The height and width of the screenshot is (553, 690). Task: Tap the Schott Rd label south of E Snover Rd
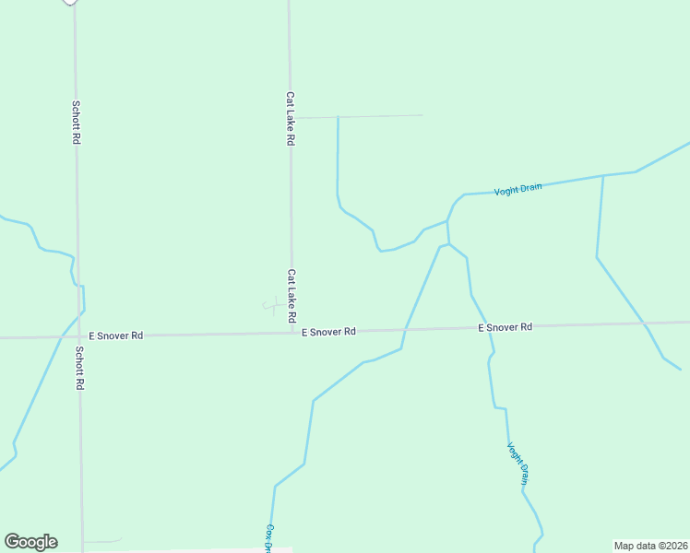click(79, 368)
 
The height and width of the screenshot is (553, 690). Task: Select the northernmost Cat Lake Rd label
click(290, 118)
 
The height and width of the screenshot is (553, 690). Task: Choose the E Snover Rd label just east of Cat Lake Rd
click(328, 331)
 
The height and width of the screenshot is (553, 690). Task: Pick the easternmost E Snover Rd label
click(505, 327)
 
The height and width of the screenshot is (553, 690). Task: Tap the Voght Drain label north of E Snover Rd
click(517, 189)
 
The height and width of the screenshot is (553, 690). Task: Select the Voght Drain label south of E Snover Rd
click(517, 463)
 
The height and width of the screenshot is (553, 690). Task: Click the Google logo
click(30, 542)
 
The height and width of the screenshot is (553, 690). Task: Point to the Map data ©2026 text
click(650, 546)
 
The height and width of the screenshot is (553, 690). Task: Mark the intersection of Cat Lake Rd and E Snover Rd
click(292, 333)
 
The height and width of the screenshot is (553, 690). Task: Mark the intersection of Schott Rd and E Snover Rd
click(78, 336)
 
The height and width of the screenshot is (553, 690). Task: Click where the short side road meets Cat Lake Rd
click(291, 118)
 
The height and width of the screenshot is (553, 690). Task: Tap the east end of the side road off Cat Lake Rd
click(422, 115)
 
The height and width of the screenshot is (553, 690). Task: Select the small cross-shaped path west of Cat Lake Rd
click(273, 305)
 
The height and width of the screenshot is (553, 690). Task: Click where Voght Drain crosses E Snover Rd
click(487, 327)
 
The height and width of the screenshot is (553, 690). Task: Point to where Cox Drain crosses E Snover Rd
click(405, 329)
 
